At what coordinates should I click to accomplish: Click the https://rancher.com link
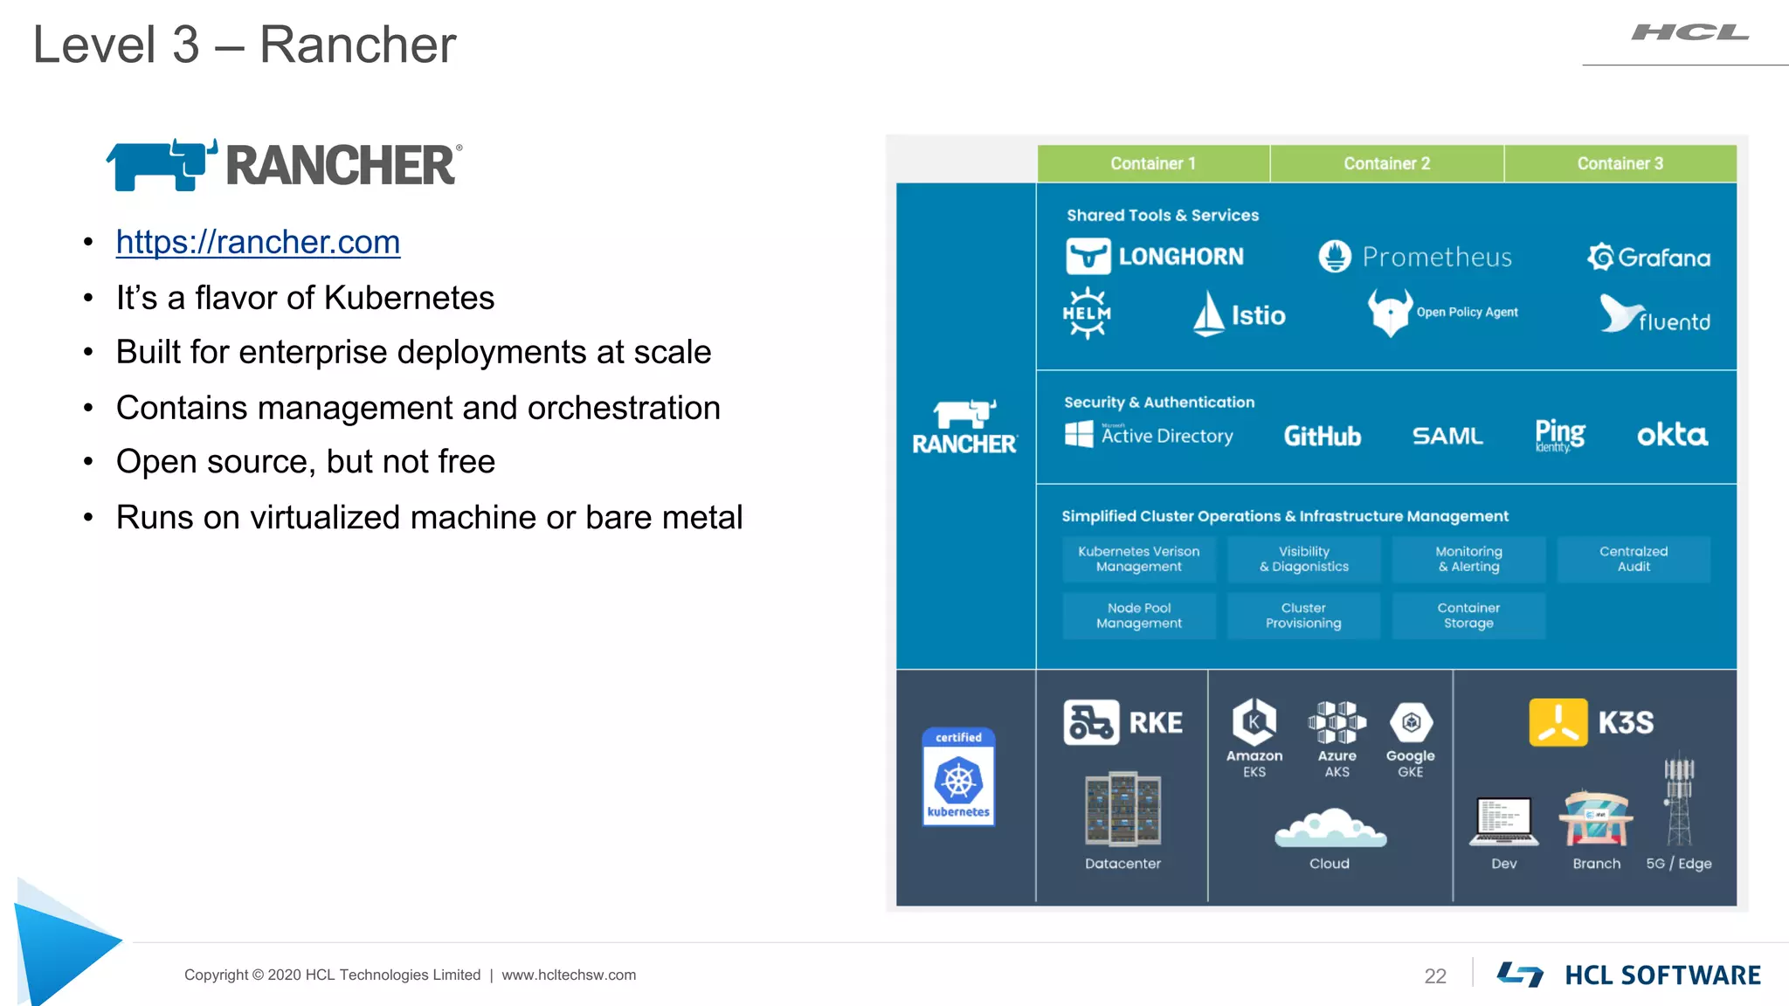click(x=258, y=242)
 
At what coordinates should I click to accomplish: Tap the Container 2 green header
click(x=1386, y=163)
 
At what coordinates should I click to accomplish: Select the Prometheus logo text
click(x=1436, y=257)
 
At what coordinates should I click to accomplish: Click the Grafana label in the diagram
click(x=1663, y=258)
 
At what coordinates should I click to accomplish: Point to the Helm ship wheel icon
click(x=1087, y=313)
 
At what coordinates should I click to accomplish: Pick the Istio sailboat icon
click(x=1209, y=314)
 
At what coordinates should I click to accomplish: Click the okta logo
click(x=1671, y=435)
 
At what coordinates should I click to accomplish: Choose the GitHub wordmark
click(x=1322, y=436)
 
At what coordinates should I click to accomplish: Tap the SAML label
click(x=1447, y=436)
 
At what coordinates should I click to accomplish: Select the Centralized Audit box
click(x=1633, y=559)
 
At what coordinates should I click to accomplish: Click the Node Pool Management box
click(x=1138, y=616)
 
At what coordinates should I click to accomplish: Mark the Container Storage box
click(x=1468, y=616)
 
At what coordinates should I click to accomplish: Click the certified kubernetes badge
click(x=958, y=776)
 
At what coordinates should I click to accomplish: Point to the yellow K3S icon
click(x=1558, y=722)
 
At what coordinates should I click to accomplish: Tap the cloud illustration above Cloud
click(x=1330, y=828)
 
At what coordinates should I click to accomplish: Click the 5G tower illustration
click(x=1678, y=799)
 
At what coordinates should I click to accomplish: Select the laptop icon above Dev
click(x=1503, y=822)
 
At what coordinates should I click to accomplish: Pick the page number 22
click(x=1434, y=975)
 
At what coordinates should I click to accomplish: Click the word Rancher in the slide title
click(x=357, y=45)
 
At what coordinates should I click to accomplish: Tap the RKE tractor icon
click(x=1090, y=722)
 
